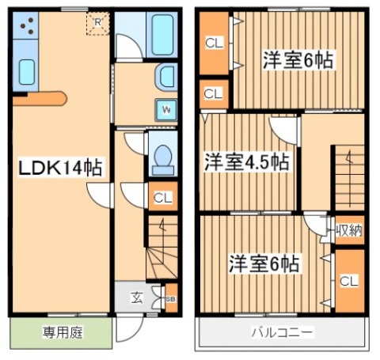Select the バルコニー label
pos(281,332)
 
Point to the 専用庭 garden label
pos(60,331)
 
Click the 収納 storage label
pos(348,230)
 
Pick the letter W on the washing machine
pos(168,108)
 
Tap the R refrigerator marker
pos(97,22)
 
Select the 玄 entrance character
pos(136,298)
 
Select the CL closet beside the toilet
pos(161,198)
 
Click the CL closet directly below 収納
pos(348,280)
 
